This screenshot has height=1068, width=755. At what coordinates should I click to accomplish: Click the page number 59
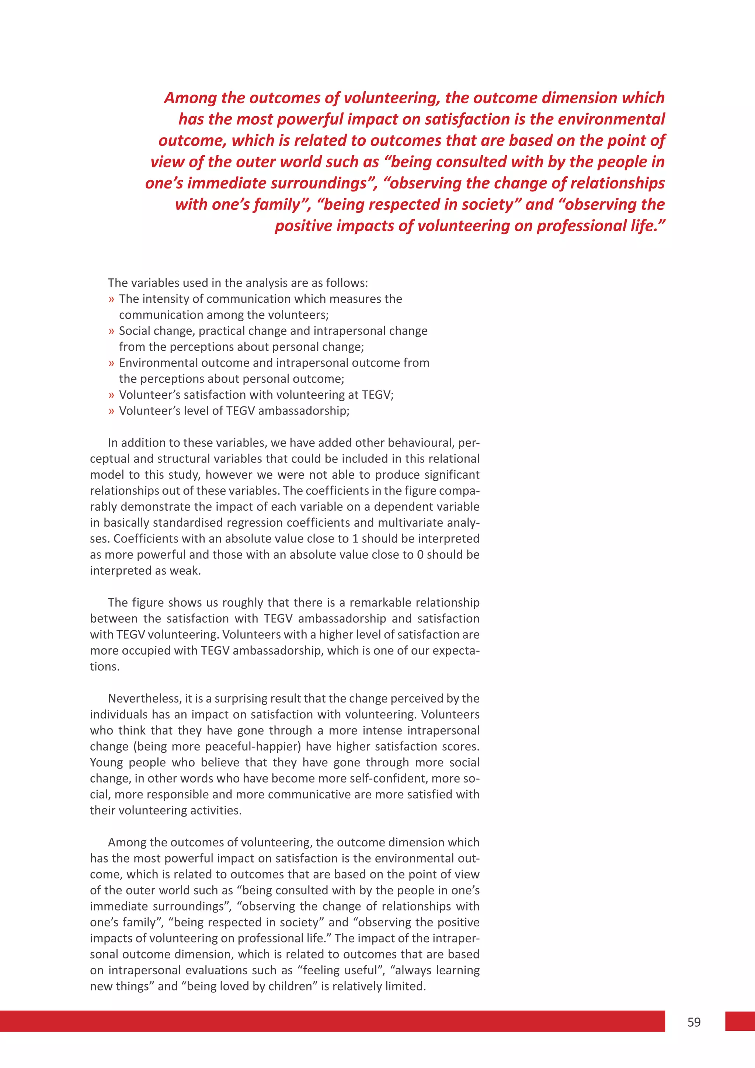click(694, 1022)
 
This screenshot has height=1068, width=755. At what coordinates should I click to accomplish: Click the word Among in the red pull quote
click(190, 98)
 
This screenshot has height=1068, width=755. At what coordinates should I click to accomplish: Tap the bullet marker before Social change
click(111, 332)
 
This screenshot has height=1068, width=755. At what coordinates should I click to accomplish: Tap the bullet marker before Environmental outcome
click(111, 363)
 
